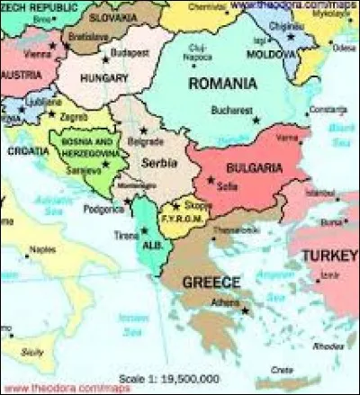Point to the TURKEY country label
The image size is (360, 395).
coord(329,256)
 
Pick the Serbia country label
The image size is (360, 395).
coord(157,162)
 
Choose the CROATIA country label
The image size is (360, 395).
coord(28,152)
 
